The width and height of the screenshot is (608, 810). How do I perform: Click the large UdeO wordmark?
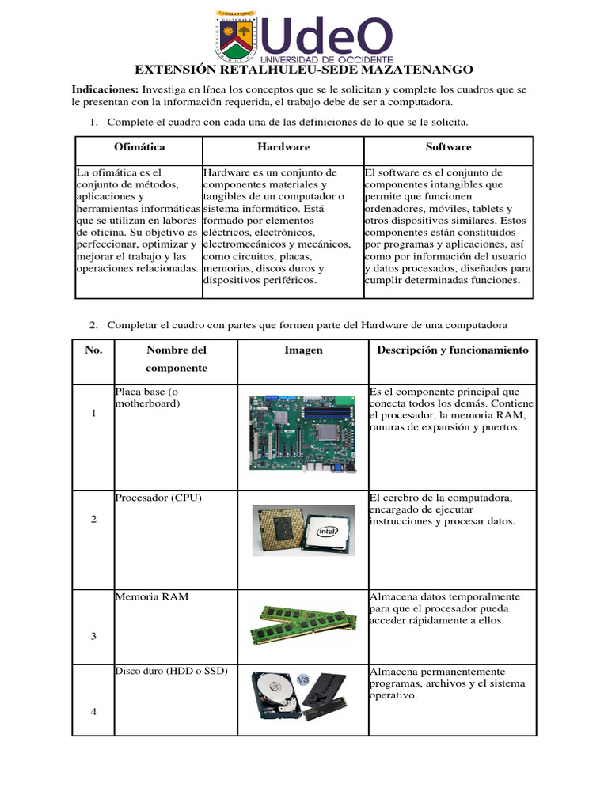(x=326, y=36)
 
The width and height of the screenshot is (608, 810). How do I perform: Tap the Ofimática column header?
(x=139, y=147)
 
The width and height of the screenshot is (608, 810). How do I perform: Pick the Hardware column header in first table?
(x=283, y=147)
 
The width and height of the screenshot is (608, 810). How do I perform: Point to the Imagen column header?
(x=304, y=350)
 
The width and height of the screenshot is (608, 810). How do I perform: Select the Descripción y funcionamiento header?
(x=452, y=350)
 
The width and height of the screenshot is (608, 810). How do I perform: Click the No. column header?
(x=93, y=350)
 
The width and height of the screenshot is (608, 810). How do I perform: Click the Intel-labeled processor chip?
(x=325, y=531)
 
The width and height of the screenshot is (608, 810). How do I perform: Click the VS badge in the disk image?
(x=302, y=679)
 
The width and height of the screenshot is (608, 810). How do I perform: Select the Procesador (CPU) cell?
(x=158, y=498)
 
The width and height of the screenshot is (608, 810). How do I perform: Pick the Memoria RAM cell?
(x=152, y=597)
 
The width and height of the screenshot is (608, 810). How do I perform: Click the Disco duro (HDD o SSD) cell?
(x=171, y=672)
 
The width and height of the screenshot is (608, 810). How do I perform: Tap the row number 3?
(x=93, y=636)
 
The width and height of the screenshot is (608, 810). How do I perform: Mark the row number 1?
(x=93, y=415)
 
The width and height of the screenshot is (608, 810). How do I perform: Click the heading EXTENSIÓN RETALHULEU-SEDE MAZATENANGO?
(x=304, y=70)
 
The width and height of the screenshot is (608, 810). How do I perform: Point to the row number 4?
(x=93, y=711)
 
